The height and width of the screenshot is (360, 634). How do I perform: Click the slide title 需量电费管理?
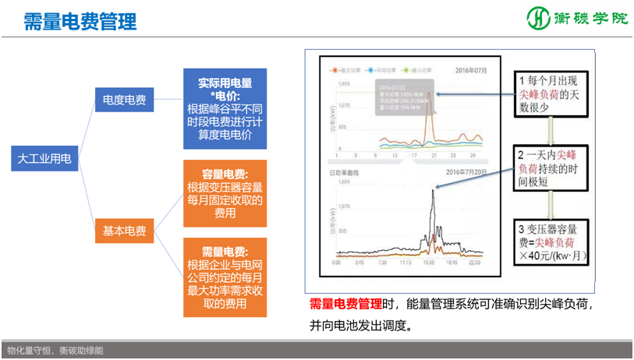pos(80,21)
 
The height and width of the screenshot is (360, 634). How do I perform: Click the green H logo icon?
pos(537,18)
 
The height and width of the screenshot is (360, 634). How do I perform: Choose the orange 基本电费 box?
pos(125,231)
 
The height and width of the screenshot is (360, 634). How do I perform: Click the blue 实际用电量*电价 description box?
pos(225,108)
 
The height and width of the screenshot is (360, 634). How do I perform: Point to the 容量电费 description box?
pos(225,193)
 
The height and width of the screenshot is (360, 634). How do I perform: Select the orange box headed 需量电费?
pos(225,277)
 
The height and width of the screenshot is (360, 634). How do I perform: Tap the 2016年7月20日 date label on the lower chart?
pos(465,171)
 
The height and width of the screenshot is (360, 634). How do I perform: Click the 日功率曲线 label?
pos(344,171)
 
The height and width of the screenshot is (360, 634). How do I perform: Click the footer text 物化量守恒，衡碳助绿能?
pos(55,351)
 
